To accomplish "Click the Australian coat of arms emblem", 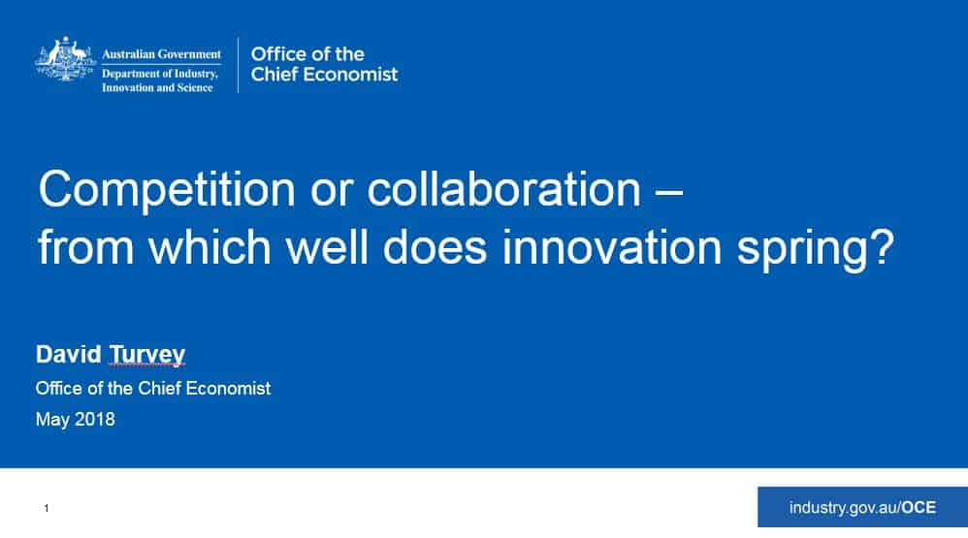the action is click(x=65, y=59).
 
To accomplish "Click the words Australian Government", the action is click(x=161, y=54).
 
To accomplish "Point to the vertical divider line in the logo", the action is click(x=239, y=65).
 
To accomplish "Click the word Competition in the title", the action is click(x=167, y=189).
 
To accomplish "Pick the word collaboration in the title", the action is click(x=503, y=188).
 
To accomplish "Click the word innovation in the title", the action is click(x=612, y=247).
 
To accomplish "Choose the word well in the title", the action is click(x=327, y=247).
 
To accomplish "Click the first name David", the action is click(x=69, y=354).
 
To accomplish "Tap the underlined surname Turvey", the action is click(x=146, y=356).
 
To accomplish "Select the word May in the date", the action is click(x=52, y=420).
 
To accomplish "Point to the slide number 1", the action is click(x=47, y=508).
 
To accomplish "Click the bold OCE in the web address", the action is click(x=919, y=507).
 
